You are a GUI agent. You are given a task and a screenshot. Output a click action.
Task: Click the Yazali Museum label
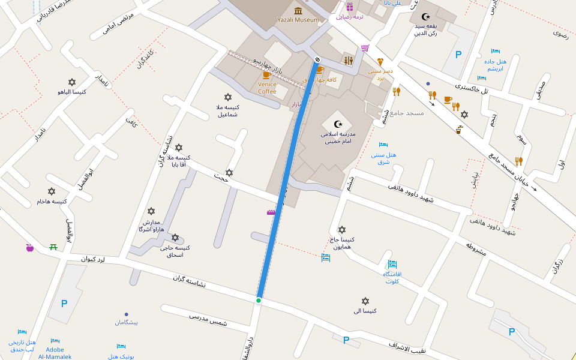298,20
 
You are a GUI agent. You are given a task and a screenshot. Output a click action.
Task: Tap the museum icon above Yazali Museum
298,10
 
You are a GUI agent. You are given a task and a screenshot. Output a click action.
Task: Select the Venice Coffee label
267,88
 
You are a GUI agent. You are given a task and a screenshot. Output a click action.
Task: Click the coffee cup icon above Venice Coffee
266,75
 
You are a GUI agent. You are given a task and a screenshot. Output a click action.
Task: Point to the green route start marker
259,301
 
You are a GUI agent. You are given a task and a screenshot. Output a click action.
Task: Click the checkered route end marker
317,59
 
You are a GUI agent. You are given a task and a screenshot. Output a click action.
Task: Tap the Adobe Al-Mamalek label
55,353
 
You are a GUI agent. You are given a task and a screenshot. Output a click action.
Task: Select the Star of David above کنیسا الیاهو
72,82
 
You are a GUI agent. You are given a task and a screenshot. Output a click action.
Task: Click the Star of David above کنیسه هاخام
52,191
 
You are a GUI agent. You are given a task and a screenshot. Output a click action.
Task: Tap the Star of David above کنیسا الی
365,301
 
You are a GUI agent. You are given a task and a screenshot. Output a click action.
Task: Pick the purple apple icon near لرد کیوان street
29,247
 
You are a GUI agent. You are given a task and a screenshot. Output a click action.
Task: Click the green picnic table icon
53,247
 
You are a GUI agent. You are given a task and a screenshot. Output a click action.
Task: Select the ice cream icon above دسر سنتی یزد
380,62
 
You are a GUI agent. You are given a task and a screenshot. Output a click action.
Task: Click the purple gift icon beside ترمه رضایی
350,7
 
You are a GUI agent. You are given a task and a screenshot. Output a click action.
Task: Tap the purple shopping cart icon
365,49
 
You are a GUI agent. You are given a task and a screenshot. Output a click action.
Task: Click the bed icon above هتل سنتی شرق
383,145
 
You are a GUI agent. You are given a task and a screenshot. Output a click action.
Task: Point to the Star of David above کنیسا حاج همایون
342,230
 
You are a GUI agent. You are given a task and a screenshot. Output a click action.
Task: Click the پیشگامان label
127,322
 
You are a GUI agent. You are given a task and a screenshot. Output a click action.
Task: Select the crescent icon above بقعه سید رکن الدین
427,17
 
